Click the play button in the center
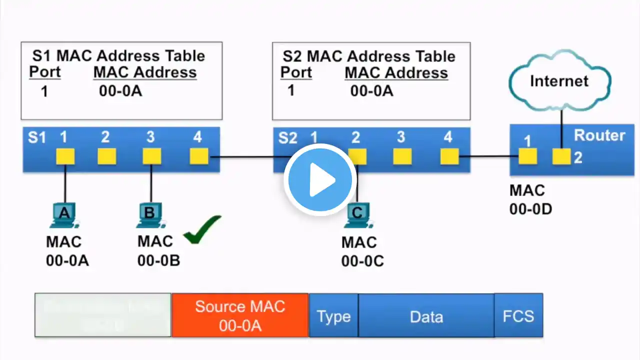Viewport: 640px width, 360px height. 320,179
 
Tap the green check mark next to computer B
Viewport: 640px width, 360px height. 202,230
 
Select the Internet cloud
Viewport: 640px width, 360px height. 559,80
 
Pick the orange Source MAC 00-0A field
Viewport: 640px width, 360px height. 240,315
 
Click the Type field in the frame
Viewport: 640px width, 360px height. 333,316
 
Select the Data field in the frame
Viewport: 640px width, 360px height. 426,316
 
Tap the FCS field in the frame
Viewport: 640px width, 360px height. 518,316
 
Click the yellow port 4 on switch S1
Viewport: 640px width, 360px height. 199,156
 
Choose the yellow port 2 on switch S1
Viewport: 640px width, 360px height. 106,156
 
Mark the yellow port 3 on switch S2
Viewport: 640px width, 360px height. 402,156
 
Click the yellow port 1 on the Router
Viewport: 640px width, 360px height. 527,156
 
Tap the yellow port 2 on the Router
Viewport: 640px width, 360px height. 561,157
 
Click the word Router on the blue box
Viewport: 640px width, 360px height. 599,135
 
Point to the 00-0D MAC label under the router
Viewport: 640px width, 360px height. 530,209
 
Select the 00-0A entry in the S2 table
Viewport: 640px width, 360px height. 371,91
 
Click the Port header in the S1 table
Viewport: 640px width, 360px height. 44,72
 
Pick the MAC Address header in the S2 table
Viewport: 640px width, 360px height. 396,73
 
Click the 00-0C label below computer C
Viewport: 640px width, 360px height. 362,260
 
